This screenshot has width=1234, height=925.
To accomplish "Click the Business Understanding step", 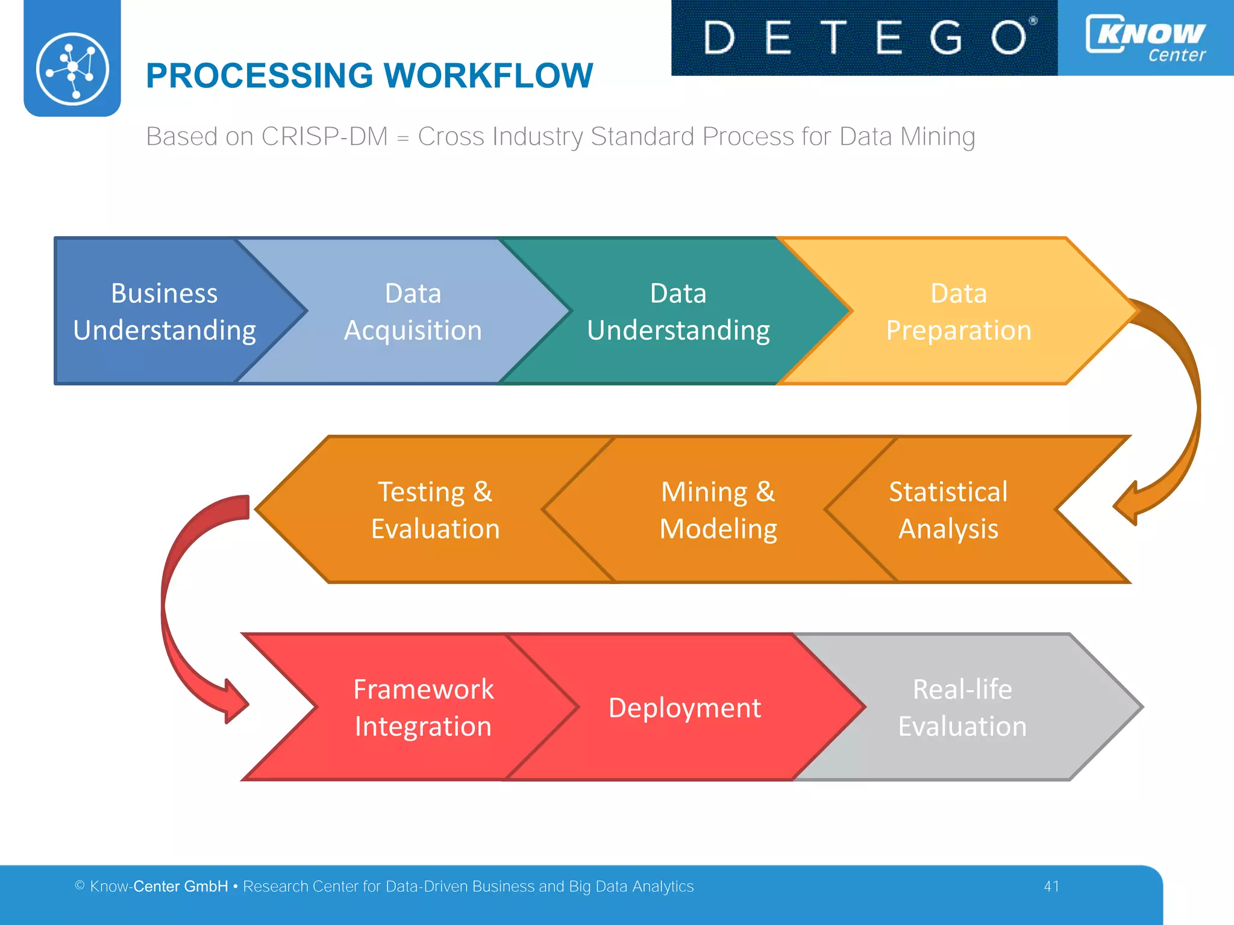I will pyautogui.click(x=164, y=311).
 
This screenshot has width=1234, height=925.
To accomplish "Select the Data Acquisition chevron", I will pyautogui.click(x=413, y=311).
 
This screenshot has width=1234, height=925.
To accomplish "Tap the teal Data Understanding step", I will pyautogui.click(x=678, y=311).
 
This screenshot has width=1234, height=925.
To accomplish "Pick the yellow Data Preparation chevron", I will pyautogui.click(x=958, y=311).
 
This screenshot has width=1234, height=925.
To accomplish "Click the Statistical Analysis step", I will pyautogui.click(x=948, y=509).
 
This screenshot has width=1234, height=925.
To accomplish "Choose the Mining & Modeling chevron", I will pyautogui.click(x=718, y=509).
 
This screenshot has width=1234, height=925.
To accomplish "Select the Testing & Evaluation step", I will pyautogui.click(x=435, y=509).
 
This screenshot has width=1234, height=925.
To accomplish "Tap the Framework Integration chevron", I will pyautogui.click(x=423, y=707).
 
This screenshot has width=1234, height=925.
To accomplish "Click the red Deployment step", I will pyautogui.click(x=684, y=707).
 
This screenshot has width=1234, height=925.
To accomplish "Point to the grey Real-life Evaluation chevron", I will pyautogui.click(x=962, y=707).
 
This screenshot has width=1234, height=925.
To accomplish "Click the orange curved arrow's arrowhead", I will pyautogui.click(x=1127, y=503).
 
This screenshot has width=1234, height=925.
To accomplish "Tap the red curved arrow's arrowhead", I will pyautogui.click(x=234, y=701).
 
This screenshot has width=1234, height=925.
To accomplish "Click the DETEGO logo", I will pyautogui.click(x=864, y=37).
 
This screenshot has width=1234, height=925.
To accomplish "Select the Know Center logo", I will pyautogui.click(x=1145, y=37).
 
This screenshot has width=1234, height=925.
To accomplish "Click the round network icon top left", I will pyautogui.click(x=72, y=68).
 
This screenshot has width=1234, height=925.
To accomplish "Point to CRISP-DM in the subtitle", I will pyautogui.click(x=325, y=137).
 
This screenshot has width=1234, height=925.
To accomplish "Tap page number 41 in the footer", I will pyautogui.click(x=1051, y=886).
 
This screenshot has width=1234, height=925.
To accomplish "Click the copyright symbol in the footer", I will pyautogui.click(x=80, y=885).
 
